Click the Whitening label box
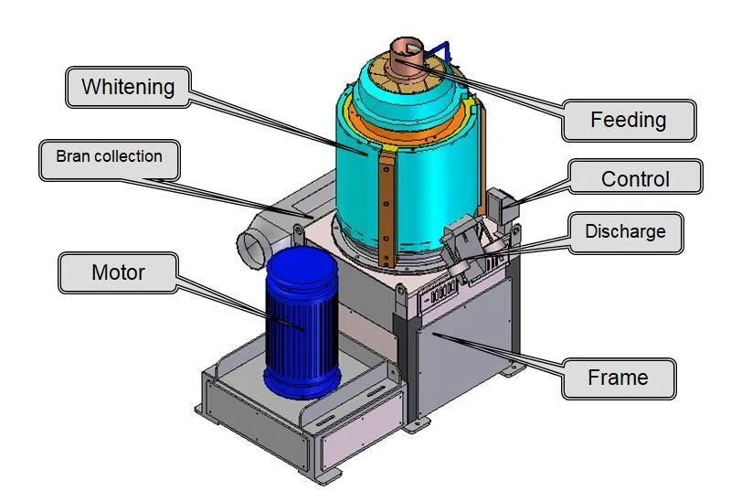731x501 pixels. click(x=127, y=88)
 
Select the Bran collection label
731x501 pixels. click(x=109, y=157)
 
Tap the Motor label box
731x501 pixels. click(x=118, y=272)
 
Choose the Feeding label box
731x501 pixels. click(x=629, y=120)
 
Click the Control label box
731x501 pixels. click(x=635, y=179)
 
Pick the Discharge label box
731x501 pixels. click(x=625, y=232)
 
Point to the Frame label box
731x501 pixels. click(x=618, y=378)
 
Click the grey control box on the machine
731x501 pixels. click(x=501, y=206)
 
